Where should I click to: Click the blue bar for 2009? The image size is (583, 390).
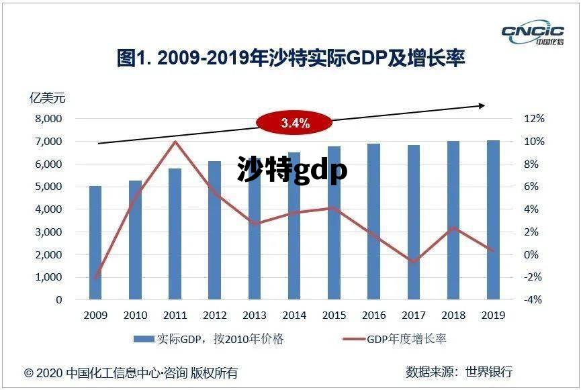(x=95, y=242)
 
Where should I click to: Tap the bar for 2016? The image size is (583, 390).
(x=373, y=222)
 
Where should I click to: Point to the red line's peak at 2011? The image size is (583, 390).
(x=175, y=142)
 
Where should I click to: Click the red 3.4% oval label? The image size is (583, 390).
(x=295, y=123)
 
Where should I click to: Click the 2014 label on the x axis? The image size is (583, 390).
(x=295, y=315)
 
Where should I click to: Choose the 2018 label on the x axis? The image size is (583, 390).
(x=453, y=315)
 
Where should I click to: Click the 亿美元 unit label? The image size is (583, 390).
(x=48, y=98)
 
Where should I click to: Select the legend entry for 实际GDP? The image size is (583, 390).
(x=209, y=339)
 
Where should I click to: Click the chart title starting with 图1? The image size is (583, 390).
(x=291, y=59)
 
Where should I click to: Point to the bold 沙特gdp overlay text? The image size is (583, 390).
(x=292, y=170)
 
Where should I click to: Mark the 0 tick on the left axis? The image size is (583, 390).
(x=59, y=300)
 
